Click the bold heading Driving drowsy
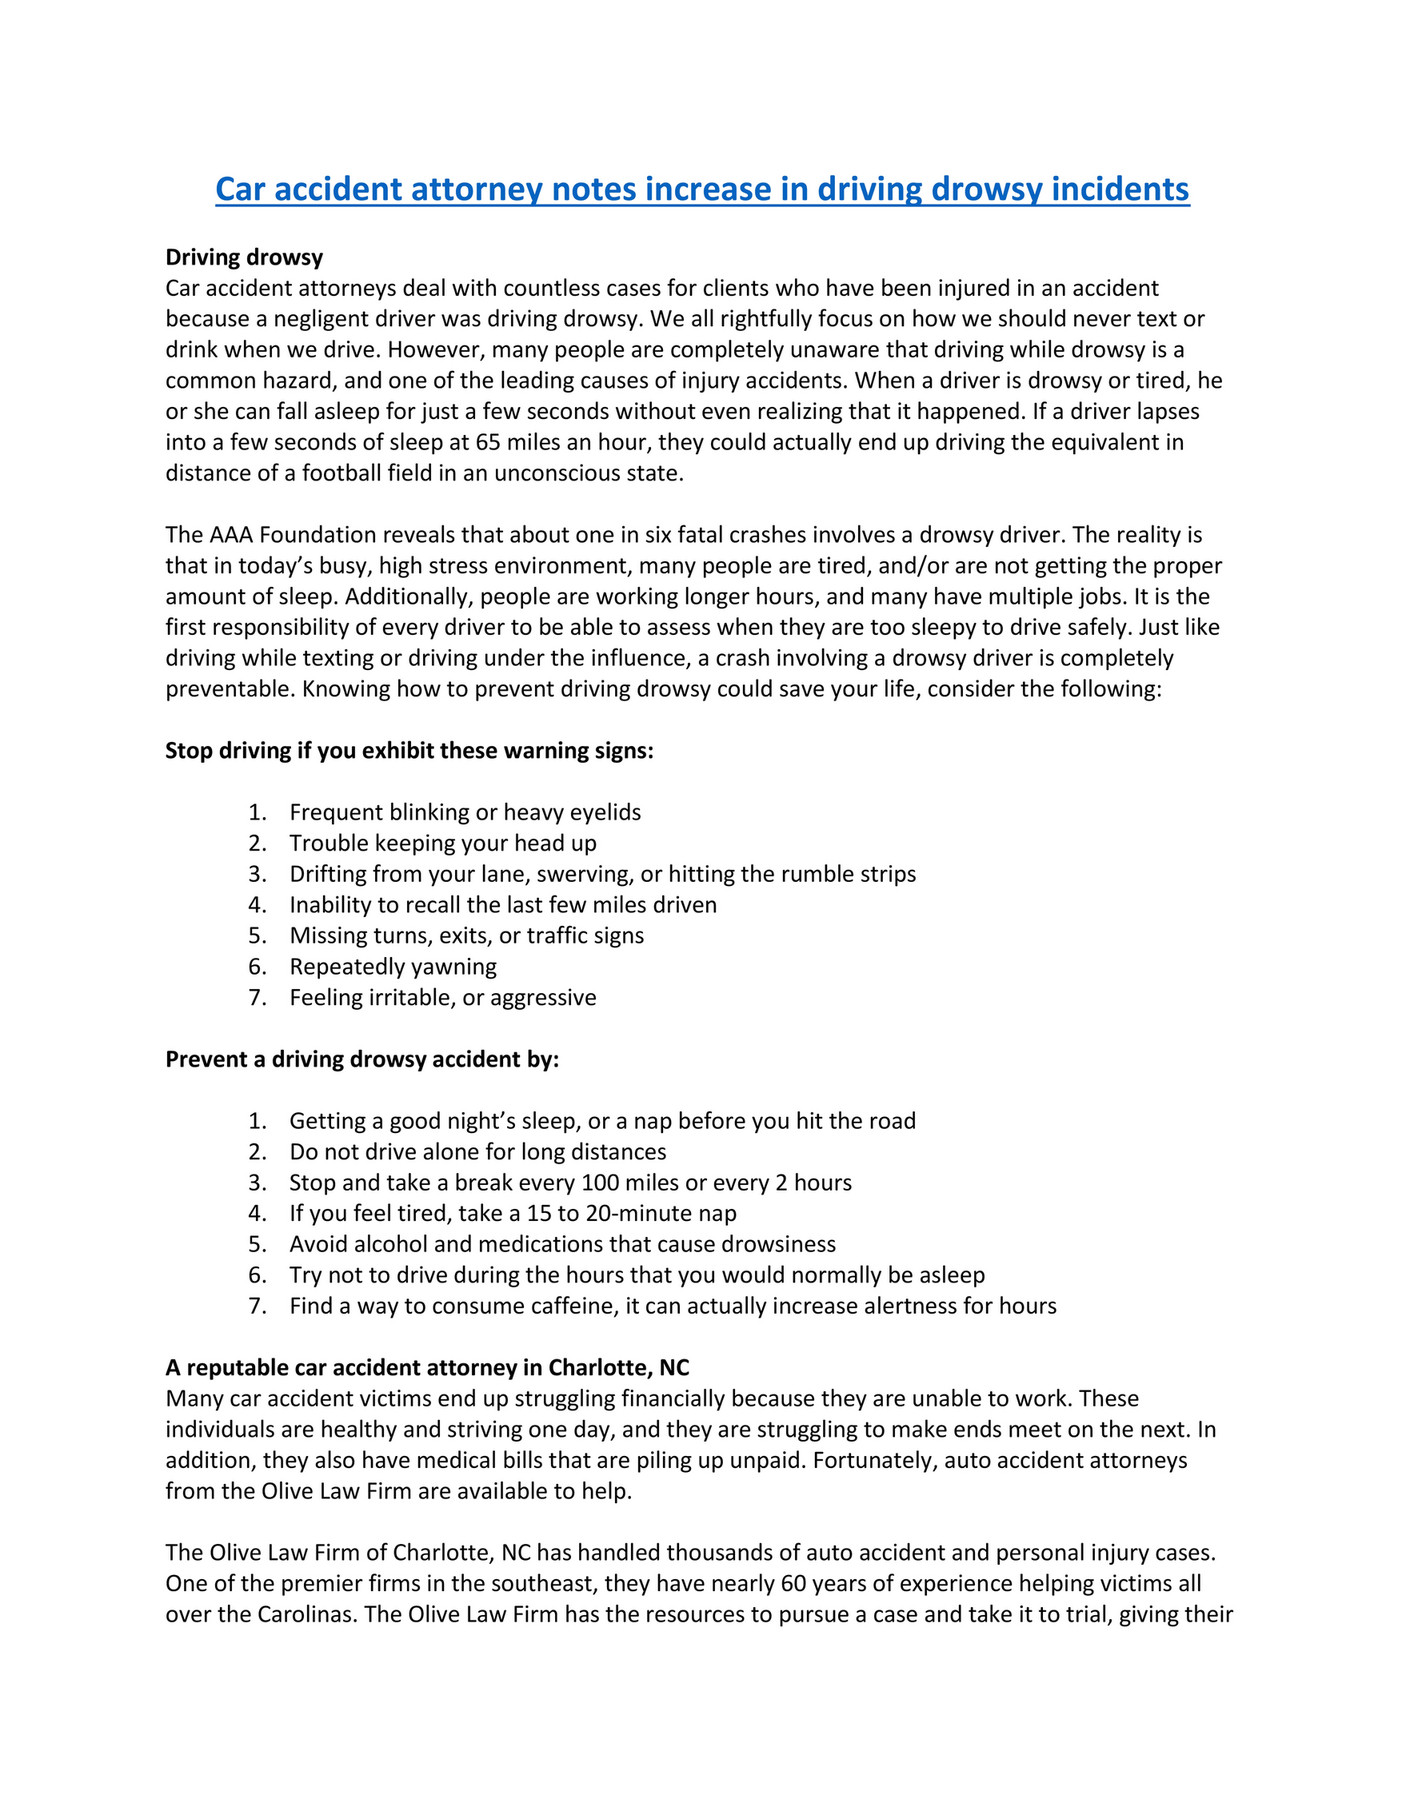point(244,257)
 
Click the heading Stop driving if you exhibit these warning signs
point(409,751)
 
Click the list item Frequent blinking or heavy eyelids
point(465,812)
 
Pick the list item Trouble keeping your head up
point(443,843)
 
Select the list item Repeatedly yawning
point(393,967)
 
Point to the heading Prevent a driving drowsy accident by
point(362,1059)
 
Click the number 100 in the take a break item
point(600,1183)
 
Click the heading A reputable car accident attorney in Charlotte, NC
point(427,1368)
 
